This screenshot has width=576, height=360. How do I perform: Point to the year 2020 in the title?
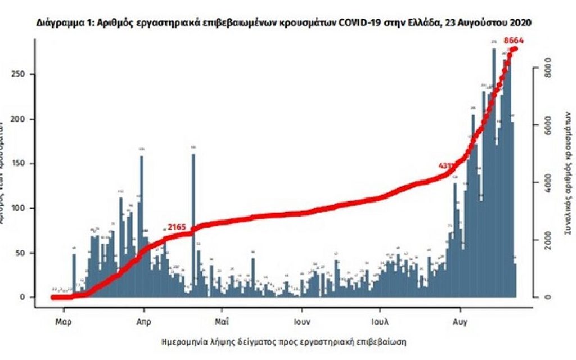tap(520, 23)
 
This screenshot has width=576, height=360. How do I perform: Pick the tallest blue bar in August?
tap(494, 169)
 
